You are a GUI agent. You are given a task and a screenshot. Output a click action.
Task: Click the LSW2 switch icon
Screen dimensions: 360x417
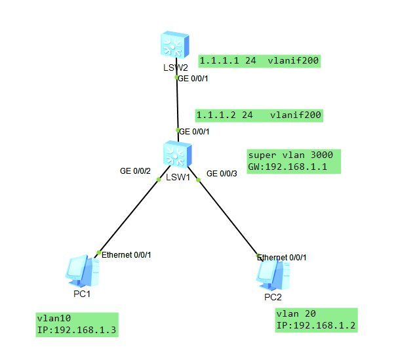pyautogui.click(x=176, y=45)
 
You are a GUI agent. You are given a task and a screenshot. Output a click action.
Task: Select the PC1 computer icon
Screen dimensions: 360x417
pyautogui.click(x=83, y=271)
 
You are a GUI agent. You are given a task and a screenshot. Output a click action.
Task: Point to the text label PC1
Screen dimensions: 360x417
pyautogui.click(x=81, y=294)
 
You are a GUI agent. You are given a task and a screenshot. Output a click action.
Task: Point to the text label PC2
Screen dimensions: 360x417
pyautogui.click(x=273, y=297)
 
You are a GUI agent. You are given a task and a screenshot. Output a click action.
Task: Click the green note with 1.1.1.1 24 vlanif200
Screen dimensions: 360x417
pyautogui.click(x=258, y=62)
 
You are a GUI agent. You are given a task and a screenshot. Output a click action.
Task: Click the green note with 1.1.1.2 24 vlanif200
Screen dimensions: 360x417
pyautogui.click(x=258, y=115)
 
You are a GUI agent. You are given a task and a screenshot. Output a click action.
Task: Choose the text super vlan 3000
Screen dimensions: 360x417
pyautogui.click(x=290, y=155)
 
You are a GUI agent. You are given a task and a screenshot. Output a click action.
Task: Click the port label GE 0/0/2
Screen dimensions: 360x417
pyautogui.click(x=135, y=171)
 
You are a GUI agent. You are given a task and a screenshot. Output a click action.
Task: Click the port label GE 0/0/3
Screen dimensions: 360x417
pyautogui.click(x=222, y=174)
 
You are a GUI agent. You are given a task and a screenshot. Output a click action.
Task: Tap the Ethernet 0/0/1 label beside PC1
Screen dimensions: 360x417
pyautogui.click(x=127, y=254)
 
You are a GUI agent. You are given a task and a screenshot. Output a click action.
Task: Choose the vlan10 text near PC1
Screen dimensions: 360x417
pyautogui.click(x=54, y=318)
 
